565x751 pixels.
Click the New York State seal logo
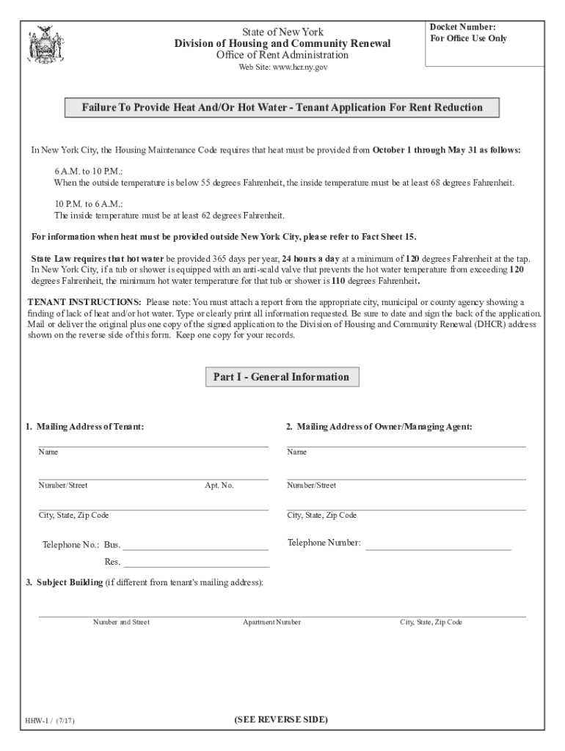[x=41, y=45]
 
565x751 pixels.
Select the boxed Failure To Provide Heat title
[x=282, y=108]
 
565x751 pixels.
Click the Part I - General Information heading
[x=281, y=377]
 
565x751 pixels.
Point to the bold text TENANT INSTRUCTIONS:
[x=84, y=302]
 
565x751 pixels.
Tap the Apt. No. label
[x=219, y=486]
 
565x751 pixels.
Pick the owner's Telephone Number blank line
[x=438, y=546]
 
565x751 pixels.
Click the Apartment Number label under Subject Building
[x=271, y=622]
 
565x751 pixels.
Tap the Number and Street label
[x=121, y=622]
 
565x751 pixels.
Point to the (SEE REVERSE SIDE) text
[x=281, y=719]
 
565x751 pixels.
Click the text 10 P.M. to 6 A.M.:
[x=81, y=204]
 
